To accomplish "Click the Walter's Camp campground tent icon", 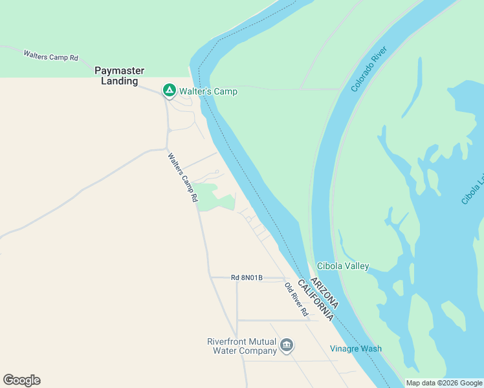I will pyautogui.click(x=169, y=91).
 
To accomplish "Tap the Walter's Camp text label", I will pyautogui.click(x=208, y=92).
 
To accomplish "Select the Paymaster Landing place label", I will pyautogui.click(x=120, y=76).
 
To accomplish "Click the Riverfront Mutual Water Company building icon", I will pyautogui.click(x=287, y=347).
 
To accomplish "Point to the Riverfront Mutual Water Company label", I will pyautogui.click(x=242, y=347).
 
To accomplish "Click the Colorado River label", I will pyautogui.click(x=369, y=69).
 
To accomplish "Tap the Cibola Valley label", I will pyautogui.click(x=343, y=266).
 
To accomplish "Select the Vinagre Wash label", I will pyautogui.click(x=356, y=349).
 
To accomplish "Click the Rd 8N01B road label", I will pyautogui.click(x=247, y=277).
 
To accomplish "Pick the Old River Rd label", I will pyautogui.click(x=297, y=299).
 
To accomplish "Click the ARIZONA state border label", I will pyautogui.click(x=324, y=292).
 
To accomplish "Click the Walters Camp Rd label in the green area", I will pyautogui.click(x=50, y=56).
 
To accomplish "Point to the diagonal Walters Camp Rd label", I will pyautogui.click(x=182, y=178).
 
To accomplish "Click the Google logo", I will pyautogui.click(x=21, y=380).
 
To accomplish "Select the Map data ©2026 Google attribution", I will pyautogui.click(x=444, y=383).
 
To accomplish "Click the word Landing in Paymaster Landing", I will pyautogui.click(x=120, y=81).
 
